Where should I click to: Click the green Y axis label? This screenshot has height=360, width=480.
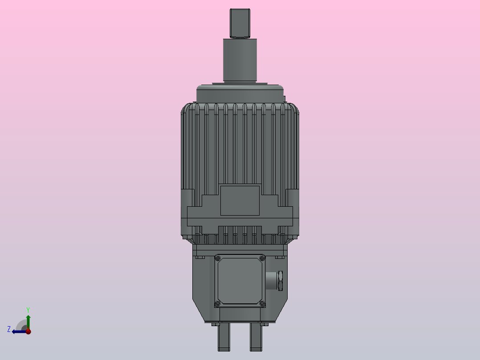tap(28, 309)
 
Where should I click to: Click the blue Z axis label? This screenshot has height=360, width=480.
tap(9, 329)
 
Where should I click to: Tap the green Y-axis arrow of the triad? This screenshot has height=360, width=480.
tap(28, 320)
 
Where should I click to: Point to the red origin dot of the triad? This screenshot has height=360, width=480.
tap(28, 331)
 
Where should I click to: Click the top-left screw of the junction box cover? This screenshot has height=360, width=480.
tap(217, 258)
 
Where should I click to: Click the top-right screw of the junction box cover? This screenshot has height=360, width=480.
tap(262, 258)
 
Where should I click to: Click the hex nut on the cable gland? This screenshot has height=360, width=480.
tap(281, 280)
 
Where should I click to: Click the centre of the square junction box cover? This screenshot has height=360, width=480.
tap(240, 281)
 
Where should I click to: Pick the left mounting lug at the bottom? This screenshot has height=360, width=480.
tap(224, 337)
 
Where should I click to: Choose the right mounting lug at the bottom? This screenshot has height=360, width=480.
tap(256, 337)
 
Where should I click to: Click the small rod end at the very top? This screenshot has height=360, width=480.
tap(241, 23)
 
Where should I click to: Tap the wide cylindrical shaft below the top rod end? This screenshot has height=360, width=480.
tap(240, 60)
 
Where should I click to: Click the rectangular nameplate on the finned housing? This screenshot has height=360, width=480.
tap(240, 200)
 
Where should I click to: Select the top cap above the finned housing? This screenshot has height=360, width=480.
tap(240, 94)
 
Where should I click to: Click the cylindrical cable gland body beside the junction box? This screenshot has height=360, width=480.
tap(271, 280)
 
